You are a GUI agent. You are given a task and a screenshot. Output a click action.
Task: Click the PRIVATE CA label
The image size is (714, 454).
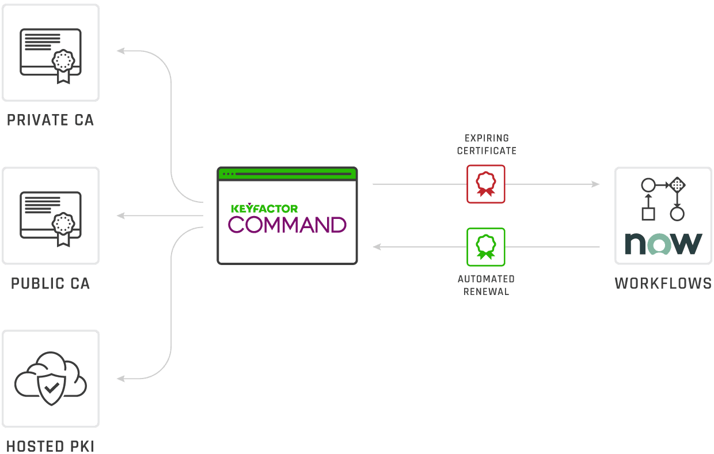[x=50, y=120]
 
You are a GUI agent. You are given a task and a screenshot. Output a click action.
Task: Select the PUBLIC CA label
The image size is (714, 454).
[x=50, y=283]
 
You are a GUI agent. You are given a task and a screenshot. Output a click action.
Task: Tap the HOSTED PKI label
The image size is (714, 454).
[x=50, y=446]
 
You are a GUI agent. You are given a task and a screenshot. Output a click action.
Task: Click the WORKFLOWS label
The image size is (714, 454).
[x=663, y=283]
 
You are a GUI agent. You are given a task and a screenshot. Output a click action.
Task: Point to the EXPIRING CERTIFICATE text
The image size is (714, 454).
[x=487, y=144]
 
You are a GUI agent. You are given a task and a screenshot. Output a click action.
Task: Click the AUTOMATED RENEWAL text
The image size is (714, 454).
[x=487, y=285]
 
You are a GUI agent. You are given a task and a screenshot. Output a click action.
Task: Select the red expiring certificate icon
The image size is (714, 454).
[x=486, y=184]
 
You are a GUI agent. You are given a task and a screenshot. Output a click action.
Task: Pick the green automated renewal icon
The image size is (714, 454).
[x=486, y=247]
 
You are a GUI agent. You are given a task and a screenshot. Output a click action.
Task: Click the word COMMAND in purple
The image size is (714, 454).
[x=287, y=225]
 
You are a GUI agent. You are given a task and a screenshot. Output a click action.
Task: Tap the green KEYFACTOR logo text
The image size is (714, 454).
[x=264, y=209]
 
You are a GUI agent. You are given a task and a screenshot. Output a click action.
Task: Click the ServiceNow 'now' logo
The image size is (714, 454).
[x=663, y=244]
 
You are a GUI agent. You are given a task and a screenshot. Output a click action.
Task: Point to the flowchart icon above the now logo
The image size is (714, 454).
[x=663, y=199]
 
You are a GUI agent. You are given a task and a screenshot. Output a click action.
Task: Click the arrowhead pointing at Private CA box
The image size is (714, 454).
[x=121, y=51]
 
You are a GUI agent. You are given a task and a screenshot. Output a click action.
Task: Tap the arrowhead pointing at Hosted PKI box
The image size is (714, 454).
[x=121, y=379]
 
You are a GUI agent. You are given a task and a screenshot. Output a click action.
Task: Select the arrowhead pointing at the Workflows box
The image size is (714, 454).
[x=595, y=184]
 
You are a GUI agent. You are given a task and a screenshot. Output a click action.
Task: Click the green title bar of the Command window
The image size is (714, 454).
[x=287, y=173]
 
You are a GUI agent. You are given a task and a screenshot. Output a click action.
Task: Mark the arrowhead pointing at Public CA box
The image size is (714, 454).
[x=121, y=215]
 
